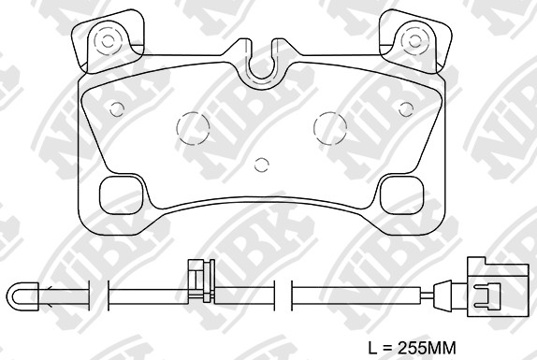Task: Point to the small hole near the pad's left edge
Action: (116, 108)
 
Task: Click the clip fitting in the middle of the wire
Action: (197, 284)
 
